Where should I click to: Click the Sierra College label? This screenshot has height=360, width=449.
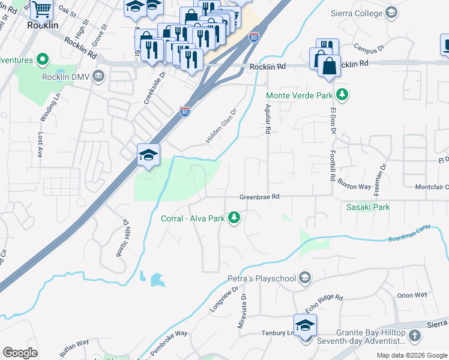[x=357, y=13]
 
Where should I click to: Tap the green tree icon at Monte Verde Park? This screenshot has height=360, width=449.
[x=342, y=94]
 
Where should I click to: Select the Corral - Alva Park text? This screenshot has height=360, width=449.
[x=192, y=218]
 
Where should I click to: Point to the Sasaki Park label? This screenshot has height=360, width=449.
[x=368, y=207]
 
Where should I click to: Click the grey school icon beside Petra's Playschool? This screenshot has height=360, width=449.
[x=306, y=277]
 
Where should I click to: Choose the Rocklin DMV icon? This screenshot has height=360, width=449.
[x=98, y=76]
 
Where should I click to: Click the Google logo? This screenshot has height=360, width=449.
[x=20, y=353]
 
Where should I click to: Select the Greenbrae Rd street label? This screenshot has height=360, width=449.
[x=260, y=196]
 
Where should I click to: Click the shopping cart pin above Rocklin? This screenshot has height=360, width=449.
[x=41, y=9]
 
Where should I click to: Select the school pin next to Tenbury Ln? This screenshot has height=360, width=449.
[x=305, y=326]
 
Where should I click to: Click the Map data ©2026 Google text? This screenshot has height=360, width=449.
[x=411, y=355]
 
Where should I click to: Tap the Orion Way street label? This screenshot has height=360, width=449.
[x=412, y=295]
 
